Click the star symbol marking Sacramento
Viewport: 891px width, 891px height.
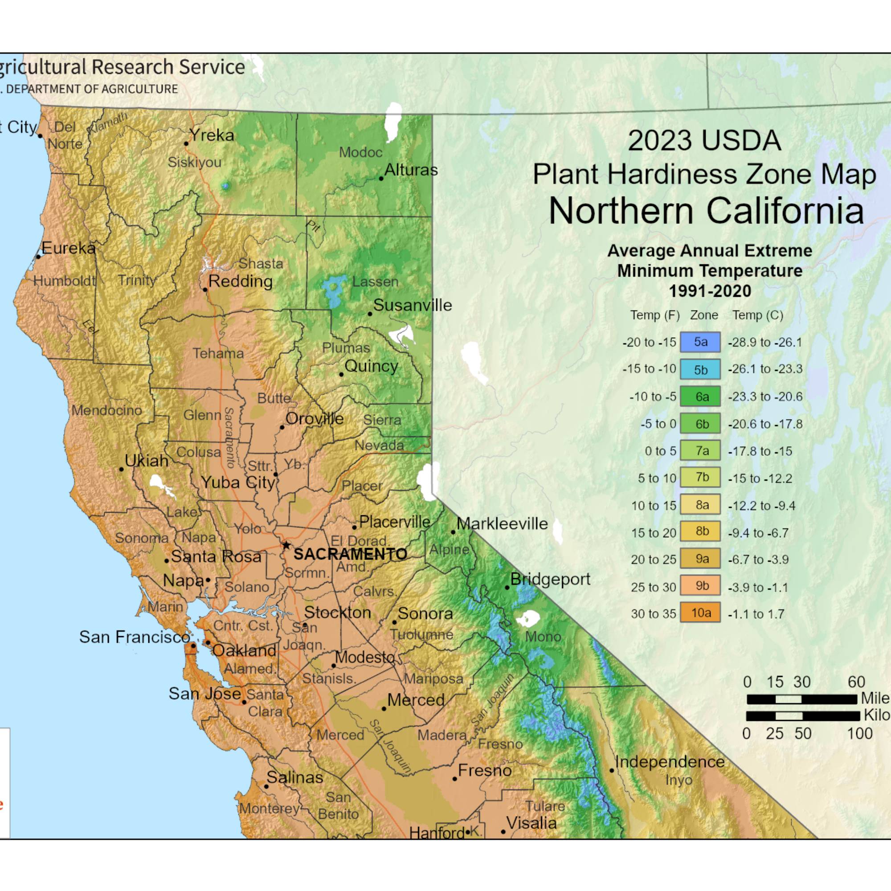[x=286, y=545]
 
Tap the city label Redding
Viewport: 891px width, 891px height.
[x=240, y=281]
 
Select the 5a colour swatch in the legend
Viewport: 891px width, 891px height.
[x=699, y=342]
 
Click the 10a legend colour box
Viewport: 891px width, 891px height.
[x=699, y=613]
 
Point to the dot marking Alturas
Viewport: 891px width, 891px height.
[x=381, y=179]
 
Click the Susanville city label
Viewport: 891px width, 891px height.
[x=412, y=305]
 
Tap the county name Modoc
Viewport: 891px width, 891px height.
[x=361, y=153]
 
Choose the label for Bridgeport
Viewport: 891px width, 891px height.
[x=550, y=579]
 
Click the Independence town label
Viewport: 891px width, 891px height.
[x=670, y=762]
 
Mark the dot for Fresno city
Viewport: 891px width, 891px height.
[x=455, y=779]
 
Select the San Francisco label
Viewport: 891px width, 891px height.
[x=134, y=638]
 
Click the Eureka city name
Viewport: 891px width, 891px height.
[x=68, y=249]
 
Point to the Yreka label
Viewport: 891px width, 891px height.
[x=212, y=135]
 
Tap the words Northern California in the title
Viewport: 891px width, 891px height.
[x=706, y=211]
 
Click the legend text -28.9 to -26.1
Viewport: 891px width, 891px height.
[x=765, y=343]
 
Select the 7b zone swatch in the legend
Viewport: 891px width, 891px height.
[x=699, y=478]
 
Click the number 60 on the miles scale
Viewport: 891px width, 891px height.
[x=856, y=682]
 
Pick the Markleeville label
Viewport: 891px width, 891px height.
[x=502, y=524]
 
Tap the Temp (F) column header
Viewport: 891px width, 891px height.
[x=655, y=315]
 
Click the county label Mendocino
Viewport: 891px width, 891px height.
[x=106, y=410]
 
